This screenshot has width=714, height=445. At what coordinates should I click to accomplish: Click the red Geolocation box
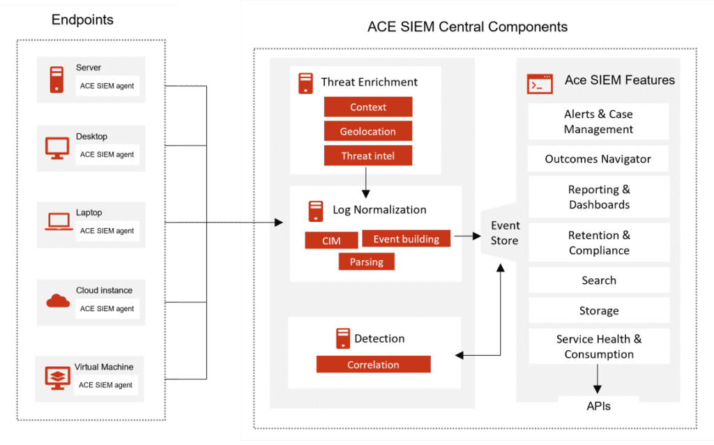368,131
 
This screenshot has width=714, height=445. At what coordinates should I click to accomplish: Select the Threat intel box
368,156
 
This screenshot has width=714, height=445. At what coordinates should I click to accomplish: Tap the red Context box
368,107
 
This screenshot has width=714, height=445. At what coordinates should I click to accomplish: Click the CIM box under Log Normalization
331,241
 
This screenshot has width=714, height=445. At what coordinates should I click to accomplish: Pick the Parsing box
367,262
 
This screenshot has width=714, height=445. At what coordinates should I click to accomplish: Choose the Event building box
407,239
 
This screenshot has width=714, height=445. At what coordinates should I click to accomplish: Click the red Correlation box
373,365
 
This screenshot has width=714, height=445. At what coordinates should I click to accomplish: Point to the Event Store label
505,233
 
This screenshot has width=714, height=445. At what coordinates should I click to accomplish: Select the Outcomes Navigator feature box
598,159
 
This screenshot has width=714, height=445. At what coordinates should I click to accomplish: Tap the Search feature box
598,280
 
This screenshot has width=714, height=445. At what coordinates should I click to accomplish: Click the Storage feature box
598,311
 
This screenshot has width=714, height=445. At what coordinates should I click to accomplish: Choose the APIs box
598,405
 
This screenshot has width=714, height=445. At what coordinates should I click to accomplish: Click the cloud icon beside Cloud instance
58,300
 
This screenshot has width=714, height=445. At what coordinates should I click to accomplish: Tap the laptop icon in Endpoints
58,222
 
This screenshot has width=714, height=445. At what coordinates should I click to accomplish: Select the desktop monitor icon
57,147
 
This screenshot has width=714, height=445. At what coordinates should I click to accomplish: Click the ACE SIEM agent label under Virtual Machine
105,385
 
